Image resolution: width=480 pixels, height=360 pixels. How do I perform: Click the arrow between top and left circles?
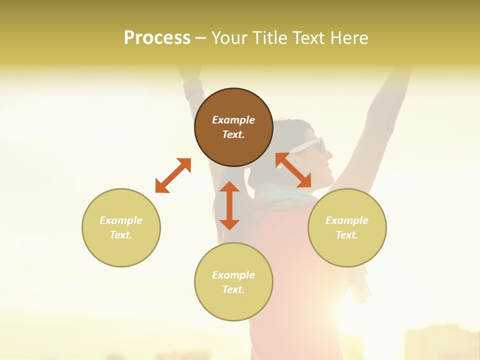point(173,175)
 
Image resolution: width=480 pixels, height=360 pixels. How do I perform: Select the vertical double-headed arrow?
point(229,205)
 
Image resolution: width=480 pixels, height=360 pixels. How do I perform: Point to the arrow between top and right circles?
point(293,170)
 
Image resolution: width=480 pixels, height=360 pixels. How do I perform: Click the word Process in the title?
point(157,37)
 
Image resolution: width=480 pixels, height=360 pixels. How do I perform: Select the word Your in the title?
point(230,37)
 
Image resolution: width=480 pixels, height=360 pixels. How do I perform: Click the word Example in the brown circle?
point(233,120)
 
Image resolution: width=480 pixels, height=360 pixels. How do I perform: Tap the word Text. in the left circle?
point(121,235)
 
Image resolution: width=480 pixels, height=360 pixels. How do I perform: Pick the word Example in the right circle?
point(347,220)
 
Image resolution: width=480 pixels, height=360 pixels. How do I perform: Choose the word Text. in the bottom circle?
point(233,289)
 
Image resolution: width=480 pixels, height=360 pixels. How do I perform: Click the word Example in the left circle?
point(121,220)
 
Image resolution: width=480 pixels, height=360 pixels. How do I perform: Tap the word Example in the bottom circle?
point(233,275)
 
